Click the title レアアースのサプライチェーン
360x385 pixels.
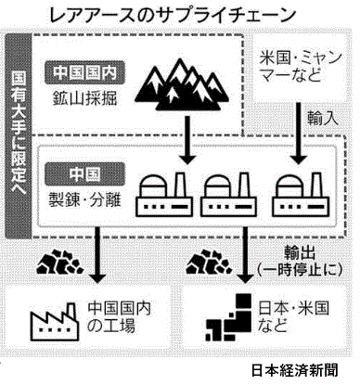173,15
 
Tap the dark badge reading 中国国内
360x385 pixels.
85,72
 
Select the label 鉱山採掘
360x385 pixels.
85,99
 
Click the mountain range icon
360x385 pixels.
183,84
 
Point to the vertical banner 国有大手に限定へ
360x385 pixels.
19,135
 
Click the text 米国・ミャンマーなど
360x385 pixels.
300,66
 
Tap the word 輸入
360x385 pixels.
323,118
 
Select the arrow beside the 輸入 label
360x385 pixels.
299,134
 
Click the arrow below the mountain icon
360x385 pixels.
188,140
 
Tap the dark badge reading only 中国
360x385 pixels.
85,173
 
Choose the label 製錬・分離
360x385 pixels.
85,199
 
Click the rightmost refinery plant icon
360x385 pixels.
300,194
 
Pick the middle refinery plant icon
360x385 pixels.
228,194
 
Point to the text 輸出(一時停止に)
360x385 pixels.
300,262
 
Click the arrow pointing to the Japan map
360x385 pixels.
245,255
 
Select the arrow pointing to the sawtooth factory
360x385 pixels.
97,255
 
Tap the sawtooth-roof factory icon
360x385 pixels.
54,322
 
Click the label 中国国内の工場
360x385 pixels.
119,317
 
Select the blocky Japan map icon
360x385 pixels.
229,317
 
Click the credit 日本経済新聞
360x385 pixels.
294,370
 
